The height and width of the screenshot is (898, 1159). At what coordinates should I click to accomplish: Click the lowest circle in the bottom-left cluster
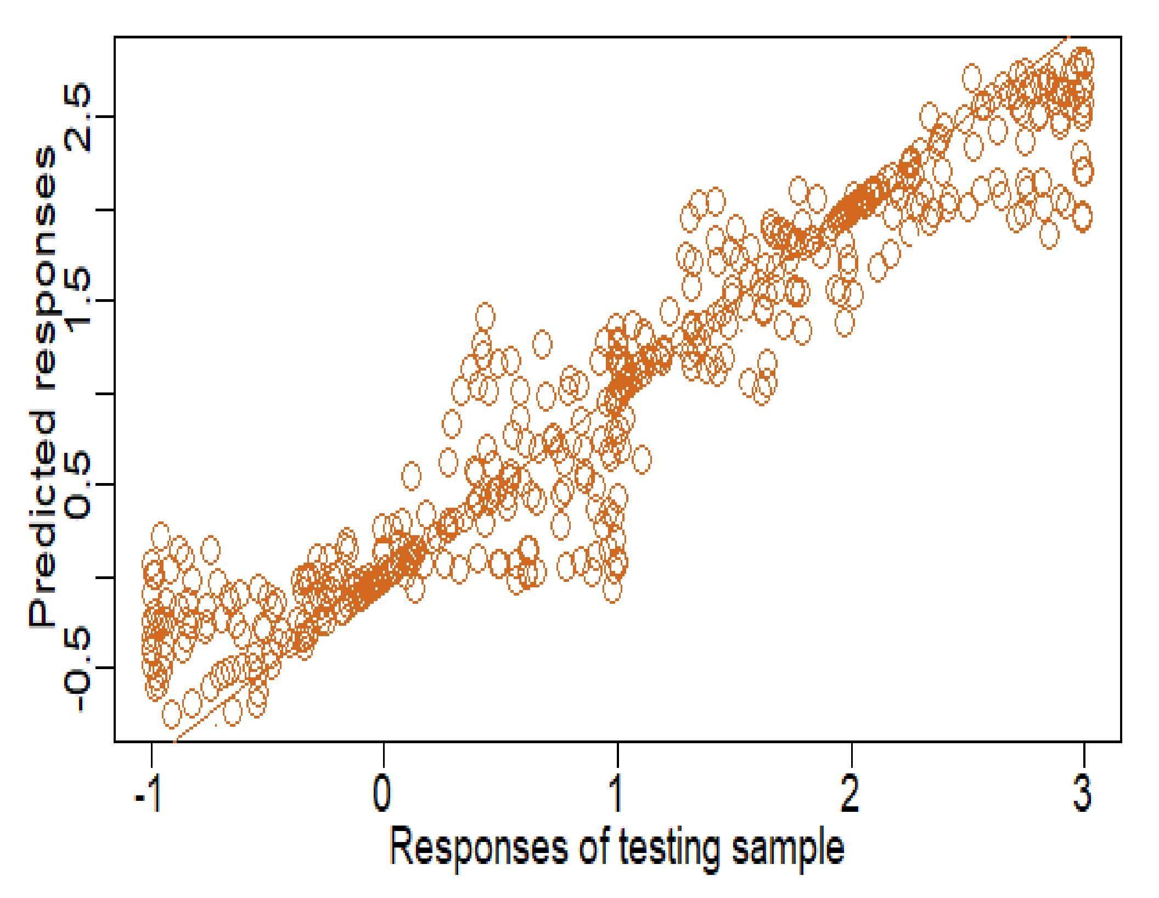click(172, 714)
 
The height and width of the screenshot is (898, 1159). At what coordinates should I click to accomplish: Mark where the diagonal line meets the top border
click(1068, 37)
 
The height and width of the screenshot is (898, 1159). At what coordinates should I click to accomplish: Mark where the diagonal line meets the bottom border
click(175, 741)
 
